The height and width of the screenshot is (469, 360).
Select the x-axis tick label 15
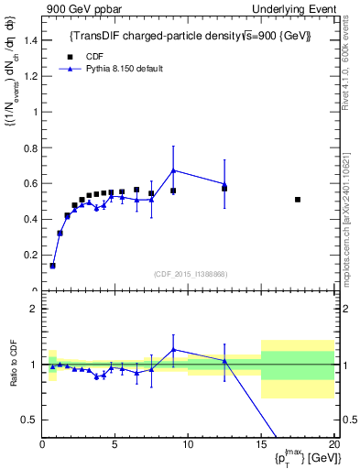[x=261, y=443]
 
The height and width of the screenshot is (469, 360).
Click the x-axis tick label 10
[x=188, y=443]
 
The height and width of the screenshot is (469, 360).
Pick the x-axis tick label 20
[x=333, y=443]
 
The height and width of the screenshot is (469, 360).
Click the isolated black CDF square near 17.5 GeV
[x=298, y=200]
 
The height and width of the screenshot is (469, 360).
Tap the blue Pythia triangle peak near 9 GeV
[x=173, y=170]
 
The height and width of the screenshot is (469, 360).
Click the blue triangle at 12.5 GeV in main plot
[x=224, y=184]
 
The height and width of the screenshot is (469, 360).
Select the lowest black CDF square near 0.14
[x=52, y=266]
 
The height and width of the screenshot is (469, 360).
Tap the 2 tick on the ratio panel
[x=33, y=309]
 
